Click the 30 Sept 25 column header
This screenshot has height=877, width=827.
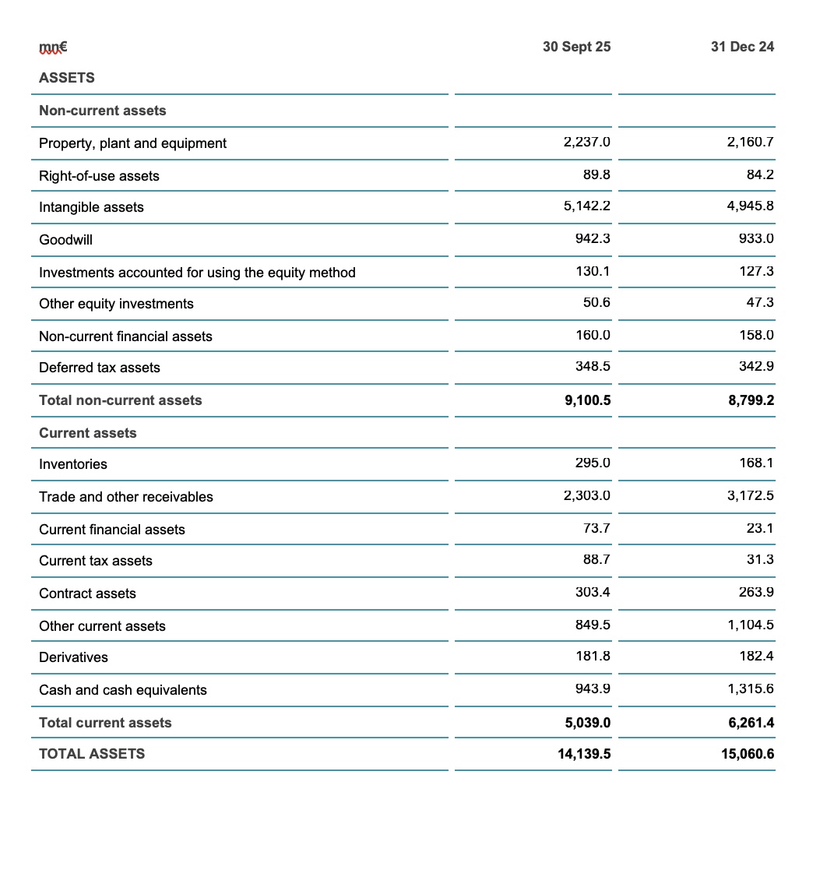[576, 47]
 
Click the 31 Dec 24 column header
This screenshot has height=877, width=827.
[742, 47]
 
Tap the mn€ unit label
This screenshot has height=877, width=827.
[53, 47]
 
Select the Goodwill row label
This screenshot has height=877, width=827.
[65, 240]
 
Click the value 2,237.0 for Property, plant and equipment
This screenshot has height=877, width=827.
[586, 143]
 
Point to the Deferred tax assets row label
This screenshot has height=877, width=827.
[99, 368]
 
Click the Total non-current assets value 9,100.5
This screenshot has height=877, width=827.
[587, 400]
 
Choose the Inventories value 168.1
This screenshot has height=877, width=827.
[756, 463]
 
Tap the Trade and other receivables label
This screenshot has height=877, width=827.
[125, 497]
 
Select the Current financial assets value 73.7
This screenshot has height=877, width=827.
[596, 529]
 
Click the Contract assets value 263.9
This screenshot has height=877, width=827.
[756, 593]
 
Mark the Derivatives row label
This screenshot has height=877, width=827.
[73, 657]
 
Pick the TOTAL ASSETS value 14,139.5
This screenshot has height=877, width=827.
[584, 754]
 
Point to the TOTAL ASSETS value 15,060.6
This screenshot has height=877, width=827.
[748, 754]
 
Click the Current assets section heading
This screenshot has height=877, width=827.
[87, 433]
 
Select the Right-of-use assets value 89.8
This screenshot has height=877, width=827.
[596, 175]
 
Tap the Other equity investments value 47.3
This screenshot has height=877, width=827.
[760, 303]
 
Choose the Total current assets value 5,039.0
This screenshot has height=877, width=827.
[587, 723]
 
